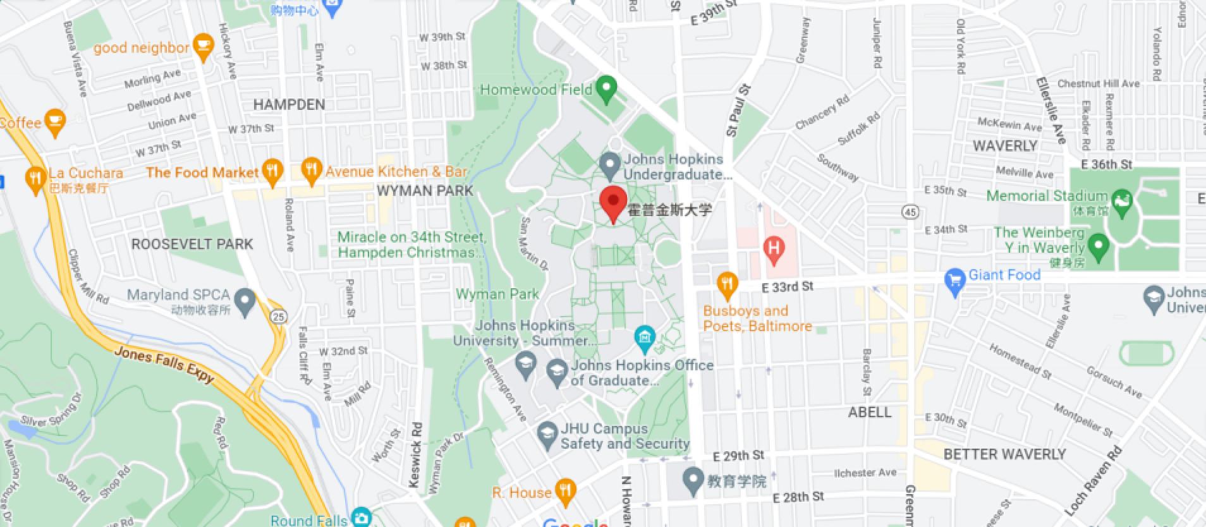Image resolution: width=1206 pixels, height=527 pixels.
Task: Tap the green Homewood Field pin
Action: click(x=606, y=88)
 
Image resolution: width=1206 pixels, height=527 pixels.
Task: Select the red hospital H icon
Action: click(x=774, y=248)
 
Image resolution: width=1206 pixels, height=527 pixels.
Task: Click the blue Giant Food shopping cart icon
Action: click(x=955, y=281)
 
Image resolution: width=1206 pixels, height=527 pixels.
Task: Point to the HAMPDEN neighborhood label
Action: click(x=289, y=105)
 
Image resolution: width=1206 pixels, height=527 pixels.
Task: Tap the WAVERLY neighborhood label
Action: click(x=1005, y=146)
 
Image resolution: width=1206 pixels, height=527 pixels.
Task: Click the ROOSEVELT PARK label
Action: click(x=192, y=244)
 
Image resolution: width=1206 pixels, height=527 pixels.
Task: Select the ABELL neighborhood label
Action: click(x=870, y=412)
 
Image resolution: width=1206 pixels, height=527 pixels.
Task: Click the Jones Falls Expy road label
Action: click(x=164, y=365)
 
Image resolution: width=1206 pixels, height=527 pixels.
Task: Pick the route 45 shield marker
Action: click(x=910, y=212)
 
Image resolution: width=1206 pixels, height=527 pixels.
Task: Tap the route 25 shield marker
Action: click(x=279, y=316)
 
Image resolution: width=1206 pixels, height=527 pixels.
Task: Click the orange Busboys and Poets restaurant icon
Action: click(x=728, y=284)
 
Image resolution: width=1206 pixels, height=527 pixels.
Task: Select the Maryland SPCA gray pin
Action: click(x=244, y=300)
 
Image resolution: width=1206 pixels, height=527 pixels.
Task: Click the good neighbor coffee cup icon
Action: click(x=202, y=47)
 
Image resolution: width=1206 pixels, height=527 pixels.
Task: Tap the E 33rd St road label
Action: click(x=788, y=288)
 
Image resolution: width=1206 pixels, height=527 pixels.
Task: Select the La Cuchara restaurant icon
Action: click(x=35, y=178)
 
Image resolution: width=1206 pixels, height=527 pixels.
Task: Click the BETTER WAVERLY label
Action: click(x=1004, y=454)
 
